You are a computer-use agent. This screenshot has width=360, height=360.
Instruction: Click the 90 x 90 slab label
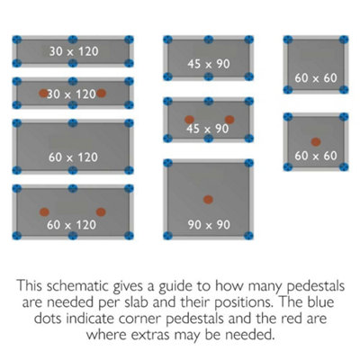pos(209,225)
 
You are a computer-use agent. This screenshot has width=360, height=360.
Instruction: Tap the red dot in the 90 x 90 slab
pos(208,200)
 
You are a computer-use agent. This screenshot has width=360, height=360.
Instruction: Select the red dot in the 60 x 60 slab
pos(316,141)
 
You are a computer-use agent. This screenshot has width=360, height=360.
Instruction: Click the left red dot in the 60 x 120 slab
pos(44,212)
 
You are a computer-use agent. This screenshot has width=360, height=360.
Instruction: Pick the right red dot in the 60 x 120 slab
pos(101,212)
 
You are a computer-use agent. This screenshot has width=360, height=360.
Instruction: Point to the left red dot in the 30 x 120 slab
pos(44,94)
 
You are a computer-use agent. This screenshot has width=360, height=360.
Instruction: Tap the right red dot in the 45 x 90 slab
pos(229,120)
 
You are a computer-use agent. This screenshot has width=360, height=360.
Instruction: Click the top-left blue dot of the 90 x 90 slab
pos(167,163)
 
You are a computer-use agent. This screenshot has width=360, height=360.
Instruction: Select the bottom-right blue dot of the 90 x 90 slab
pos(248,236)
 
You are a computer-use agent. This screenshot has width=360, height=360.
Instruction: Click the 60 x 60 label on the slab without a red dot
pos(316,78)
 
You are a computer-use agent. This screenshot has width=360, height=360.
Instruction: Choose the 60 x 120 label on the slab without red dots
pos(73,157)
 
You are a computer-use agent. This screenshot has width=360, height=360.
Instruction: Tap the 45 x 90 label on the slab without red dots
pos(209,64)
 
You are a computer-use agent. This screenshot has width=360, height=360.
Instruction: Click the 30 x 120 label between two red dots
pos(71,94)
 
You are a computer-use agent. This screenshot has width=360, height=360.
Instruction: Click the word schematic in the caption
pos(77,286)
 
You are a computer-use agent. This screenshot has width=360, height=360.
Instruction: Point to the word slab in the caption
pos(137,302)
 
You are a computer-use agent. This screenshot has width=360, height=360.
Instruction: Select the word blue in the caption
pos(320,302)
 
